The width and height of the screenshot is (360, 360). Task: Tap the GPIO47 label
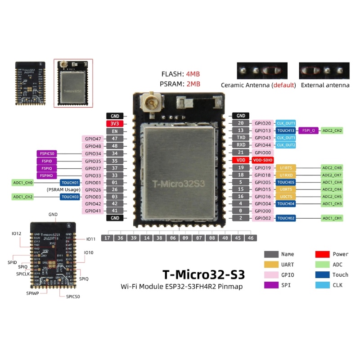point(93,139)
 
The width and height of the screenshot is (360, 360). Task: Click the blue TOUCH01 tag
point(70,183)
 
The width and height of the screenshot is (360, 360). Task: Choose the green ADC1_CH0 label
point(23,183)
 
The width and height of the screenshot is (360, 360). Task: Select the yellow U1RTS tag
point(286,167)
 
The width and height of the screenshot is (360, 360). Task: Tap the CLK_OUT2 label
point(286,145)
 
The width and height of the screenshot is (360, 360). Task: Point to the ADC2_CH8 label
point(332,167)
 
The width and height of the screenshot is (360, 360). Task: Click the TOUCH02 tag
point(286,218)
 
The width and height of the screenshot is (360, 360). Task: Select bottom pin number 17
point(107,238)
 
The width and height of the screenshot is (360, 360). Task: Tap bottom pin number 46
point(250,238)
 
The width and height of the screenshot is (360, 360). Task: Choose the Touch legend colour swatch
point(323,274)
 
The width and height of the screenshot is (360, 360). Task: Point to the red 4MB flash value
point(193,74)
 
